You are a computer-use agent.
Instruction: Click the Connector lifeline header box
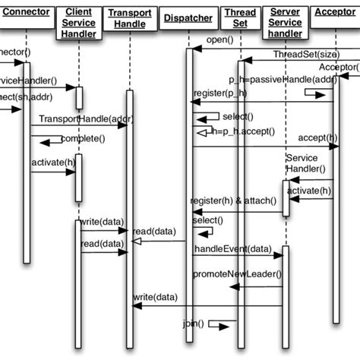(x=27, y=11)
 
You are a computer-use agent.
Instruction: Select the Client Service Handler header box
(x=80, y=23)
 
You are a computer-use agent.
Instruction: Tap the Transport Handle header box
(x=130, y=18)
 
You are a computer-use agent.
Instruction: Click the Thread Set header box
(x=239, y=18)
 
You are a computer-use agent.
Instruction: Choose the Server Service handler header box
(x=285, y=23)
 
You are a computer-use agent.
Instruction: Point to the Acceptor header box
(x=336, y=11)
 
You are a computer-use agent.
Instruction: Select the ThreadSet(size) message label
(x=302, y=55)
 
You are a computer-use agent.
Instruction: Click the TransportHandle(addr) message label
(x=75, y=119)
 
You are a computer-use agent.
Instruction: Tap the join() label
(x=194, y=324)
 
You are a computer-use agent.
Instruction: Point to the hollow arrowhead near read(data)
(x=137, y=242)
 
